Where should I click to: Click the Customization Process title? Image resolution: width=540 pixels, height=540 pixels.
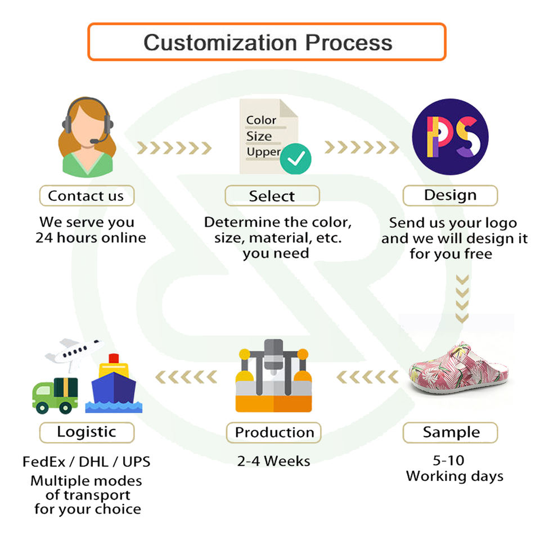point(268,43)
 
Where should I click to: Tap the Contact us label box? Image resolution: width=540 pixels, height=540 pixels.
point(87,196)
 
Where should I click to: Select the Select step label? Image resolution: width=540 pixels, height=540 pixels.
point(272,196)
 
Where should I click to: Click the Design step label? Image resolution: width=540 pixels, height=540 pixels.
point(450,195)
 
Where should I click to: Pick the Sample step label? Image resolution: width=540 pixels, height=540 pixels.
point(451,432)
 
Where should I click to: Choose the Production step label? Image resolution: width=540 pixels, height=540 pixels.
point(274,433)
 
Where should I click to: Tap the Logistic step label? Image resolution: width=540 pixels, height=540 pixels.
point(87,432)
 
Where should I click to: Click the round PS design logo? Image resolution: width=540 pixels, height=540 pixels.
point(450,137)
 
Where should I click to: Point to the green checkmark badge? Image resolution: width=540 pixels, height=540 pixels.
point(295,159)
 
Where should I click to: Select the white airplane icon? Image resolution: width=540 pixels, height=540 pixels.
point(74,353)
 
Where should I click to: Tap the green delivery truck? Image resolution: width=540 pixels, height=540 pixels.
point(55,395)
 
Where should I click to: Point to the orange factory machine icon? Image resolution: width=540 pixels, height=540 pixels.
point(274,376)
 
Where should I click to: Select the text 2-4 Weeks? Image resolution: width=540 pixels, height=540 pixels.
point(273,461)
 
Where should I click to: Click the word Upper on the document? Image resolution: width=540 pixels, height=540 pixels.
point(263,152)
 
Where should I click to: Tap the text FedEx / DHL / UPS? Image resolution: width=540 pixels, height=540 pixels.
point(87,462)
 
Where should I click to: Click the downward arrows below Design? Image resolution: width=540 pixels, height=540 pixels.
point(462,299)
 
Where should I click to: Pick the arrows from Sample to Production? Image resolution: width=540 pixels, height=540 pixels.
point(367,377)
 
